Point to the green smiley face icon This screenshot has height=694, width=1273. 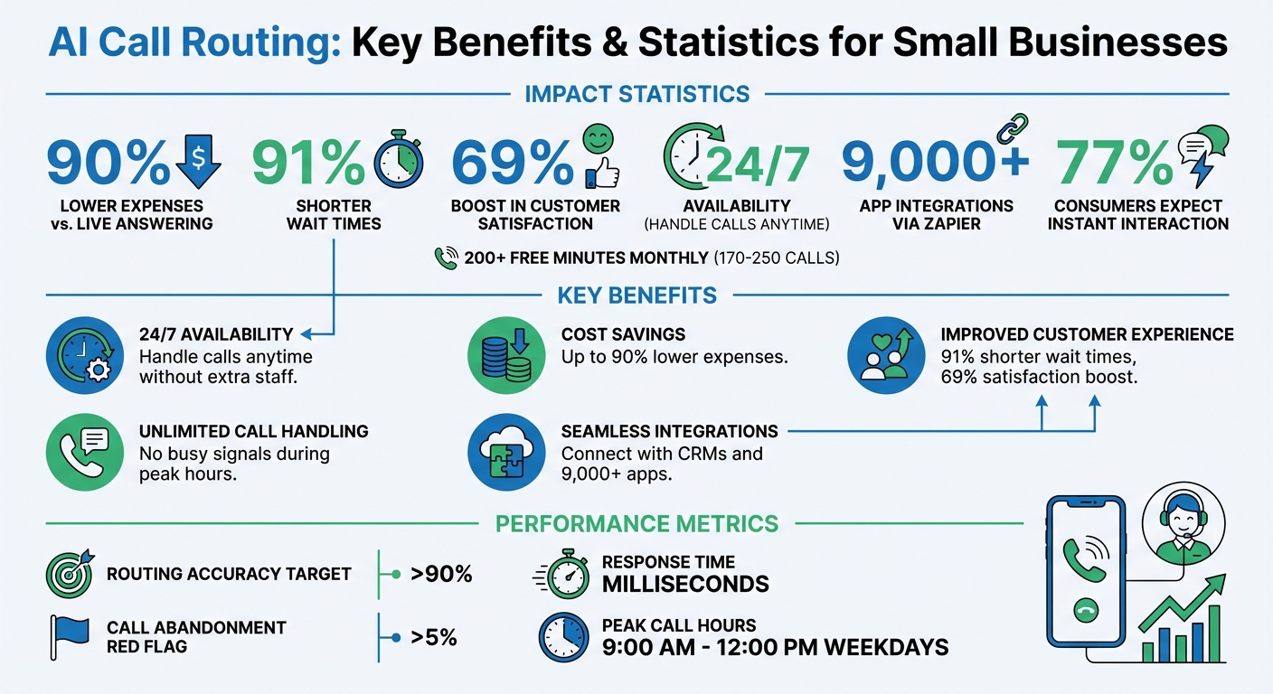point(599,138)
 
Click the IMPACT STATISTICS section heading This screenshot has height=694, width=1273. point(636,94)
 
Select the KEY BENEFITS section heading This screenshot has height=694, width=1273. point(636,295)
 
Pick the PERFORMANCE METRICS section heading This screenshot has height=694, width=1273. point(636,523)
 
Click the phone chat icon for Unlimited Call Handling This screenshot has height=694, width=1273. point(83,452)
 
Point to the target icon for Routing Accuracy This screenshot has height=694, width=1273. point(69,573)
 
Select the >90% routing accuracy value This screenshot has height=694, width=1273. point(441,574)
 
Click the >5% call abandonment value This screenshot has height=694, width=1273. point(433,637)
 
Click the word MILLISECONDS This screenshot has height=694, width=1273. point(685,585)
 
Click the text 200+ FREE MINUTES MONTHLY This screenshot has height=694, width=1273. point(585,258)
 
